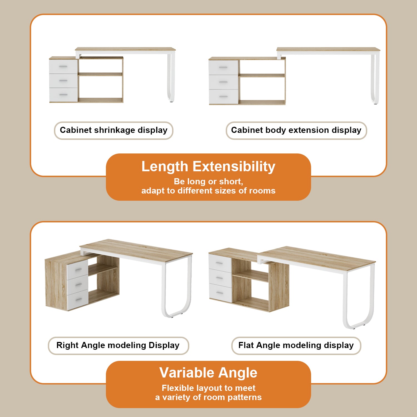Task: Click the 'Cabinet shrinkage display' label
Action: pyautogui.click(x=113, y=130)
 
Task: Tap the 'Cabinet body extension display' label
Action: pyautogui.click(x=296, y=130)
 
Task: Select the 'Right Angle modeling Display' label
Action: pyautogui.click(x=118, y=346)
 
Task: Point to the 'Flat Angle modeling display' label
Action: pyautogui.click(x=296, y=346)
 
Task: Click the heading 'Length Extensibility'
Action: pyautogui.click(x=208, y=167)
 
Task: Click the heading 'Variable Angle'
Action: pyautogui.click(x=208, y=373)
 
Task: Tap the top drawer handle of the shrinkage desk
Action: pyautogui.click(x=63, y=66)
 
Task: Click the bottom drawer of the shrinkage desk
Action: pyautogui.click(x=63, y=95)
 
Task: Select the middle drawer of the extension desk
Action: pyautogui.click(x=223, y=82)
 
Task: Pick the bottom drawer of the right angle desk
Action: pyautogui.click(x=78, y=300)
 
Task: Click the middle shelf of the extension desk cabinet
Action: pyautogui.click(x=261, y=75)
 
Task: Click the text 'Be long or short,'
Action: pyautogui.click(x=208, y=182)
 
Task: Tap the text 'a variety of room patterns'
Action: pyautogui.click(x=208, y=397)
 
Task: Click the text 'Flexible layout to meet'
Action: pyautogui.click(x=208, y=388)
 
